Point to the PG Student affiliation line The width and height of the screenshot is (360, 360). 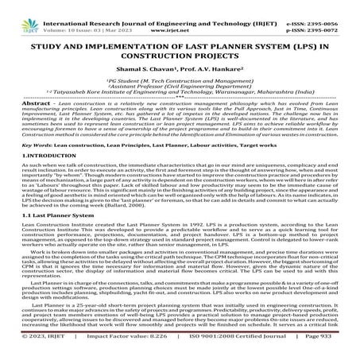click(180, 81)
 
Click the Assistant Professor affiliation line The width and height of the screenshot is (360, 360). click(180, 87)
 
